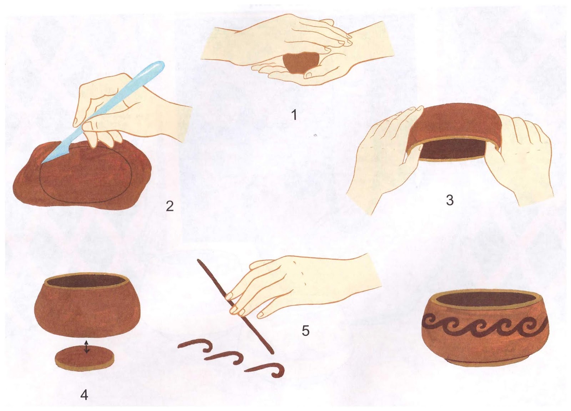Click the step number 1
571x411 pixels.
pos(294,115)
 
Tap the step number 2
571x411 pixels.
pos(170,206)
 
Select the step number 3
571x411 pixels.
pos(450,200)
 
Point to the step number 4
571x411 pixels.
pos(84,395)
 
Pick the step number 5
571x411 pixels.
pos(305,331)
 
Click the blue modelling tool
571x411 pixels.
pos(102,112)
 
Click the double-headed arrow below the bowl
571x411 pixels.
pos(87,347)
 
